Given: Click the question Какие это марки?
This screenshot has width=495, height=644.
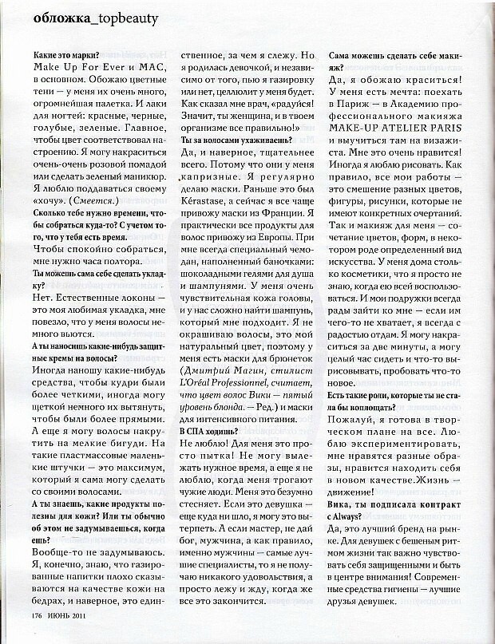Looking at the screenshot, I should [67, 56].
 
